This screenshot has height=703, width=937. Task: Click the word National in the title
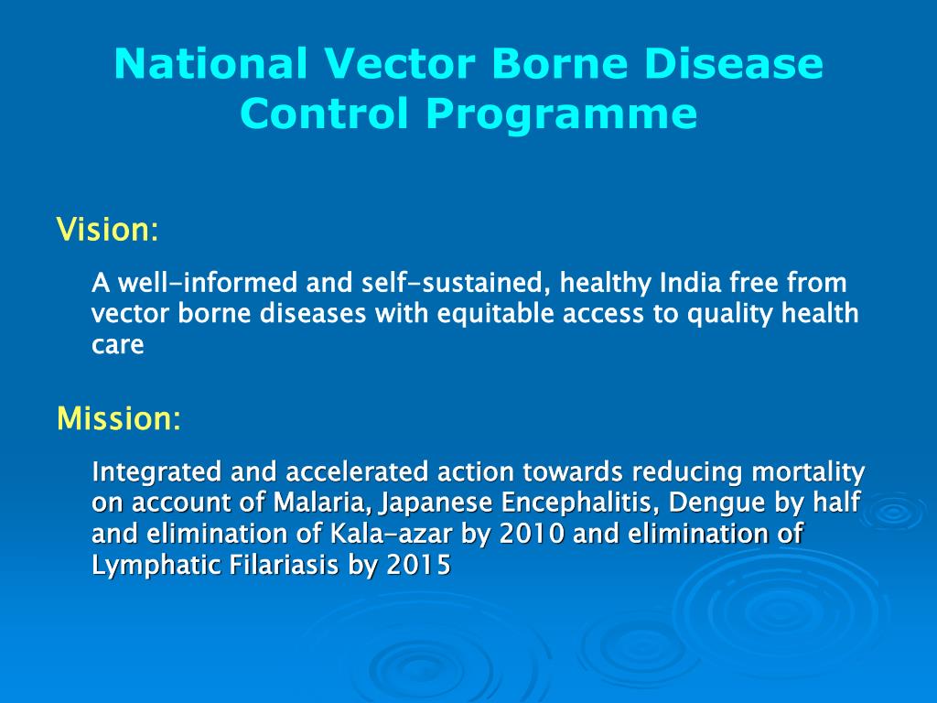(x=210, y=63)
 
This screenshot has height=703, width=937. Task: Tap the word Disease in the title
(x=734, y=63)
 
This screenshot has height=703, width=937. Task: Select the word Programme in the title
(x=561, y=114)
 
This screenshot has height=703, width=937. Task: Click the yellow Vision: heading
(x=108, y=229)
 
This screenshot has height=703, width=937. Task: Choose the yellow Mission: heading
(x=118, y=417)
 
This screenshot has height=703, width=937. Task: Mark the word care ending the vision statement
(x=118, y=345)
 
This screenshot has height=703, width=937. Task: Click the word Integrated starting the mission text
(x=156, y=471)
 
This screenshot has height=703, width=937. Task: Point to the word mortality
(x=808, y=472)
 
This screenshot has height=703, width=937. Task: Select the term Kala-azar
(x=392, y=534)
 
